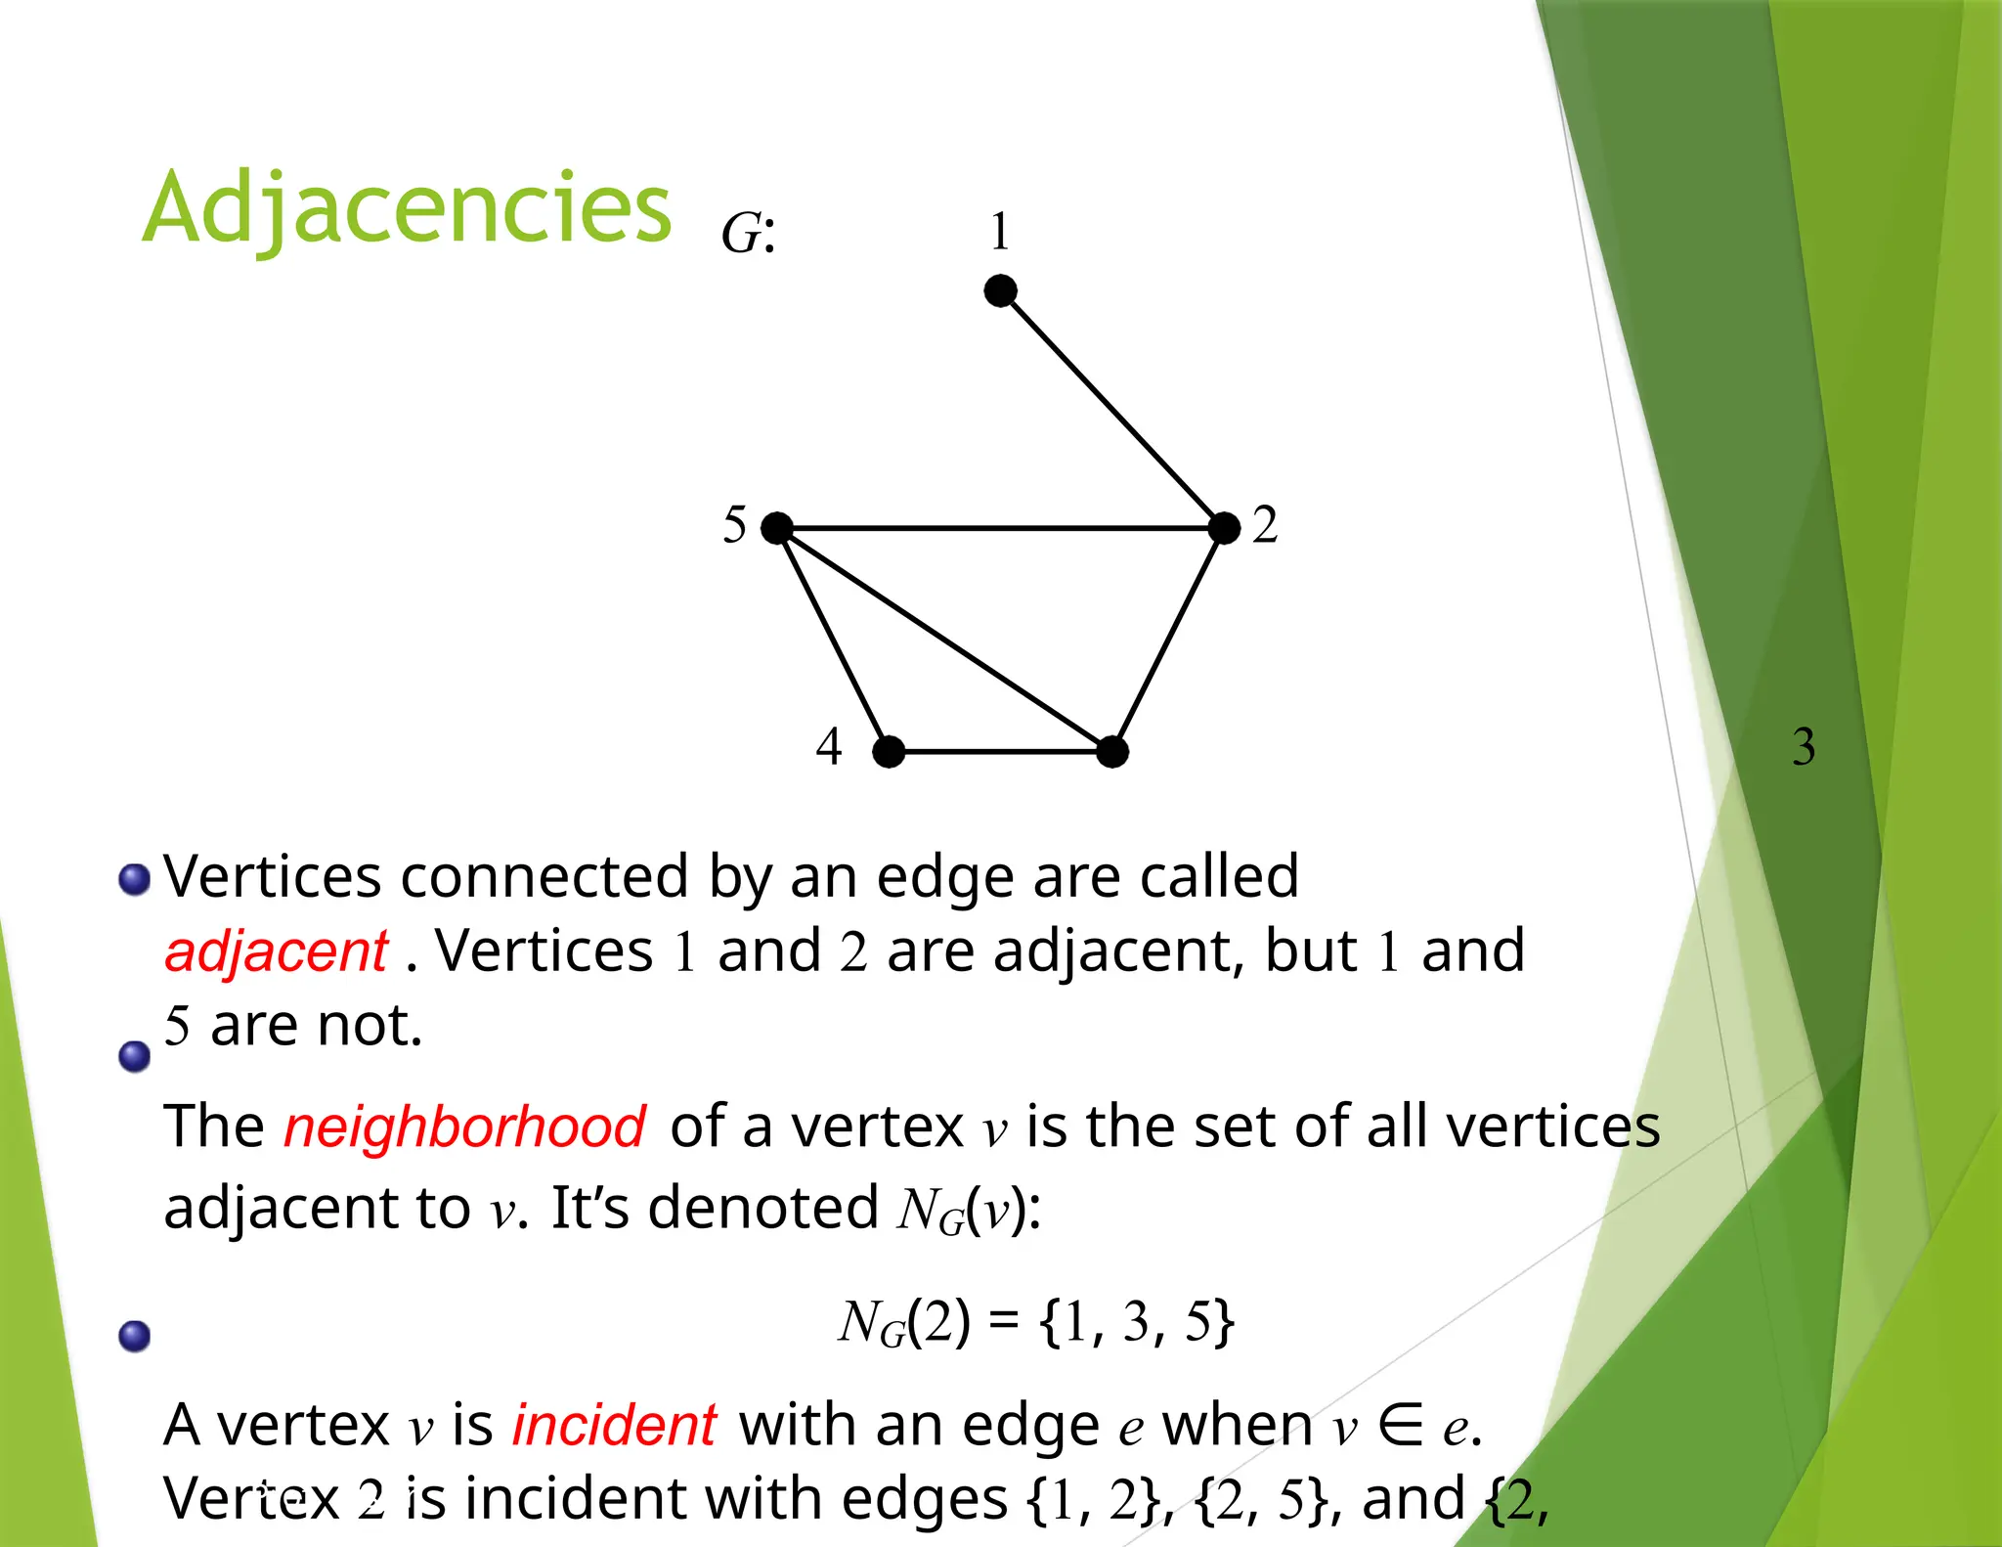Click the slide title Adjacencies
[x=407, y=207]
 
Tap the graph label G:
[x=748, y=234]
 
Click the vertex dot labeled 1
[x=1000, y=290]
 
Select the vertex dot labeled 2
[x=1224, y=528]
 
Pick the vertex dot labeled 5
[x=777, y=528]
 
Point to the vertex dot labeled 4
[x=889, y=752]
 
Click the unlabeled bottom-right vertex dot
[x=1112, y=752]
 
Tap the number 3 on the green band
[x=1804, y=746]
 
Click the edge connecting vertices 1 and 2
[x=1112, y=409]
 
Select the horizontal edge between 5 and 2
[x=1000, y=528]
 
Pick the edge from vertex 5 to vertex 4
[x=833, y=641]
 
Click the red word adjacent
[x=277, y=951]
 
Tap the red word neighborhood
[x=464, y=1127]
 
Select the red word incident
[x=615, y=1425]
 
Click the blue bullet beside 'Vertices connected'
[x=134, y=879]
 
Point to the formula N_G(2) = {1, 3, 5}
[x=1036, y=1322]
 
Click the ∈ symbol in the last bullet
[x=1401, y=1425]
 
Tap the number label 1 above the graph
[x=999, y=232]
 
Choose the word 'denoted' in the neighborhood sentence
[x=763, y=1208]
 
